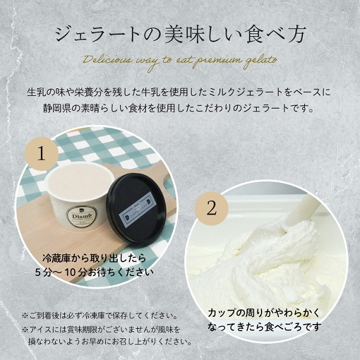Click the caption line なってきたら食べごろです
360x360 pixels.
tap(265, 328)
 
